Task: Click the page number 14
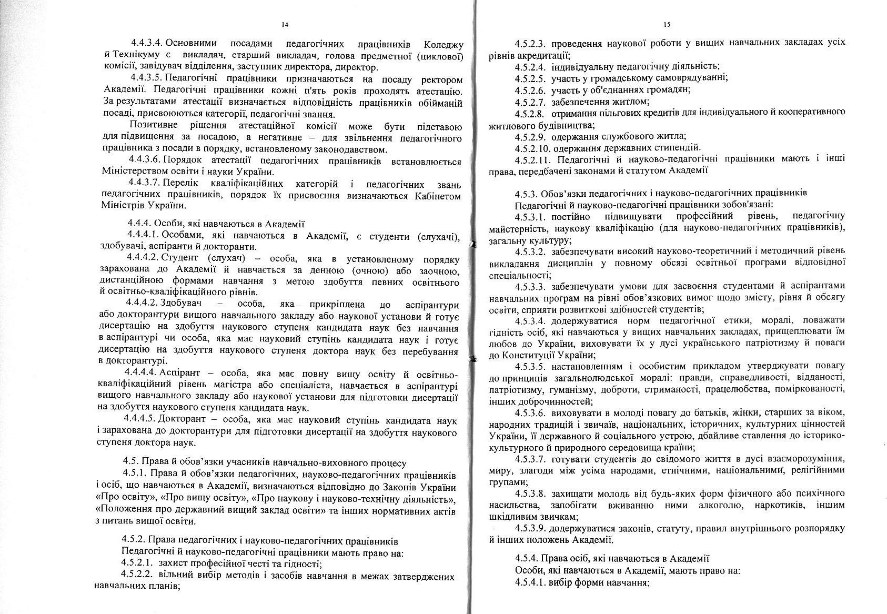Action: [285, 25]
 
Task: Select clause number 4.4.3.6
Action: [145, 161]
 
